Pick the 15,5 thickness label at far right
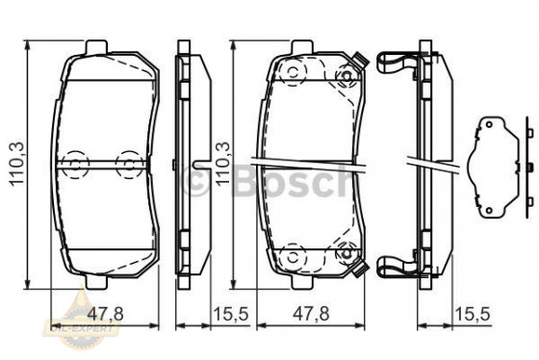coord(469,314)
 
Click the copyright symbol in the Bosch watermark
coord(195,179)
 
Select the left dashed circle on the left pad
coord(71,162)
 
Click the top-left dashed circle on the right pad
coord(290,73)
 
